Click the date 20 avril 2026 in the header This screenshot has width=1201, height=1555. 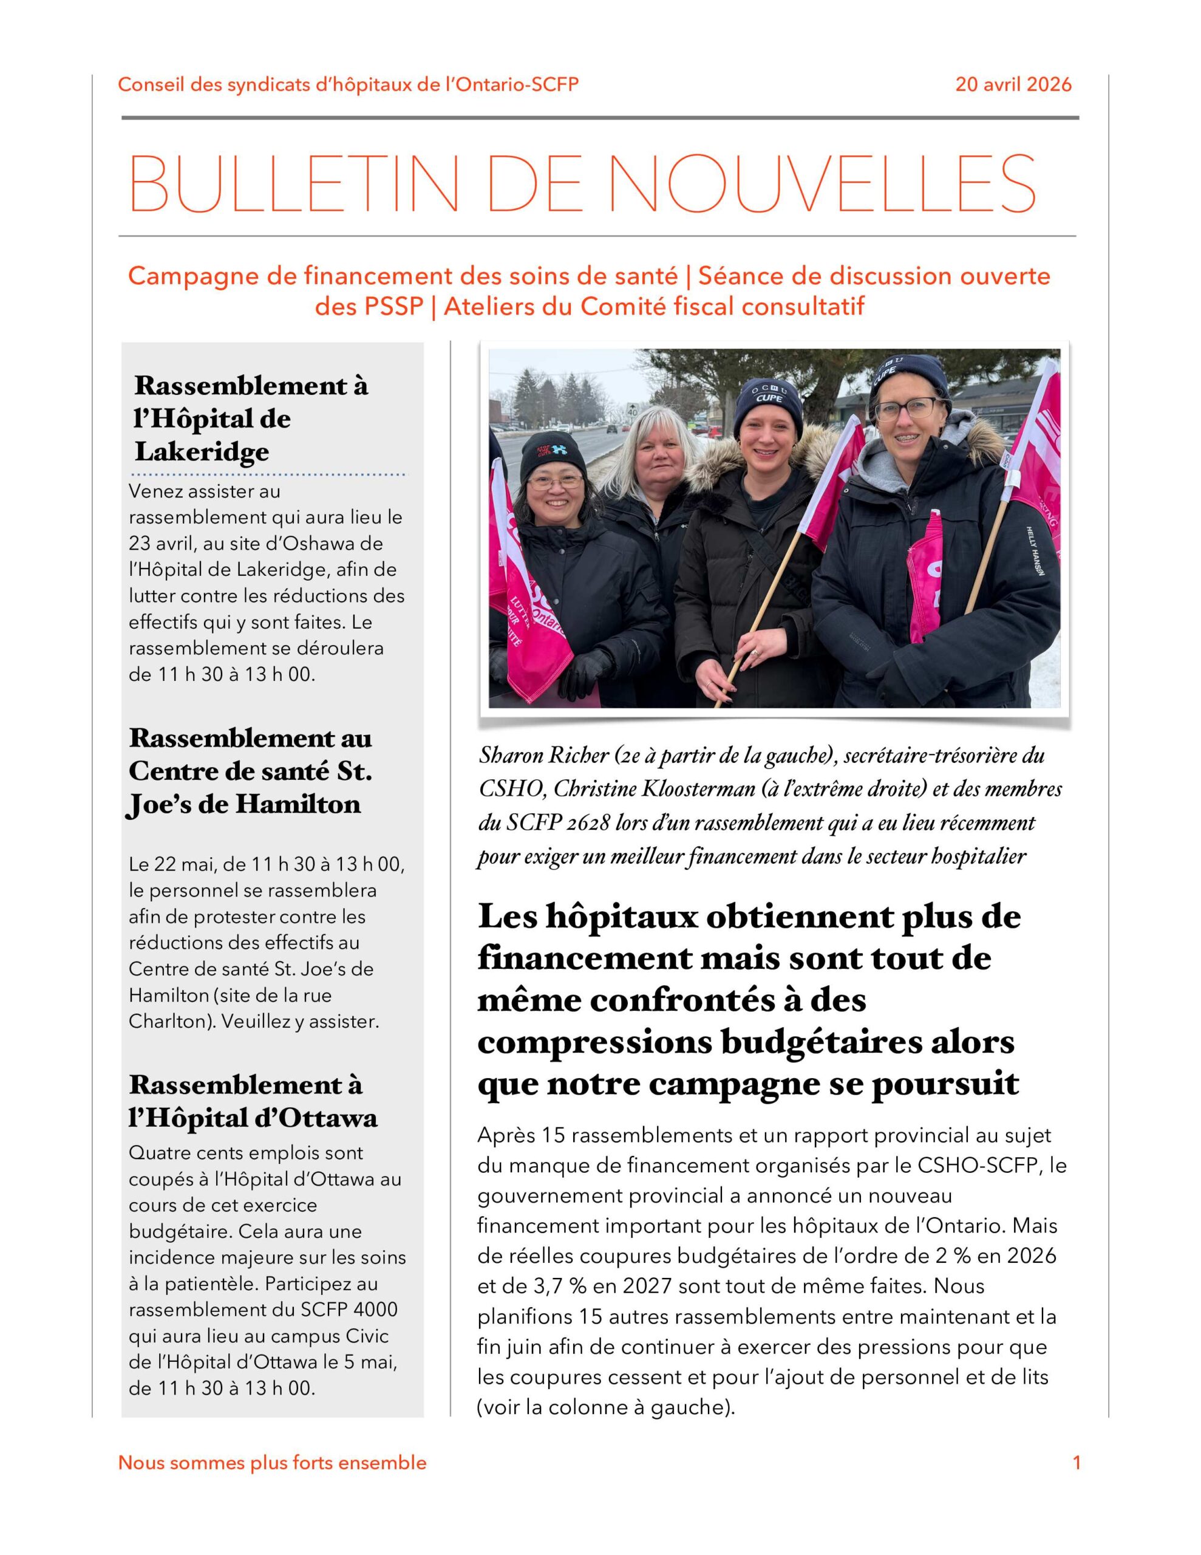(1012, 84)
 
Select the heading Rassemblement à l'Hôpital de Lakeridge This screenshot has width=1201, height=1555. (251, 418)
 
